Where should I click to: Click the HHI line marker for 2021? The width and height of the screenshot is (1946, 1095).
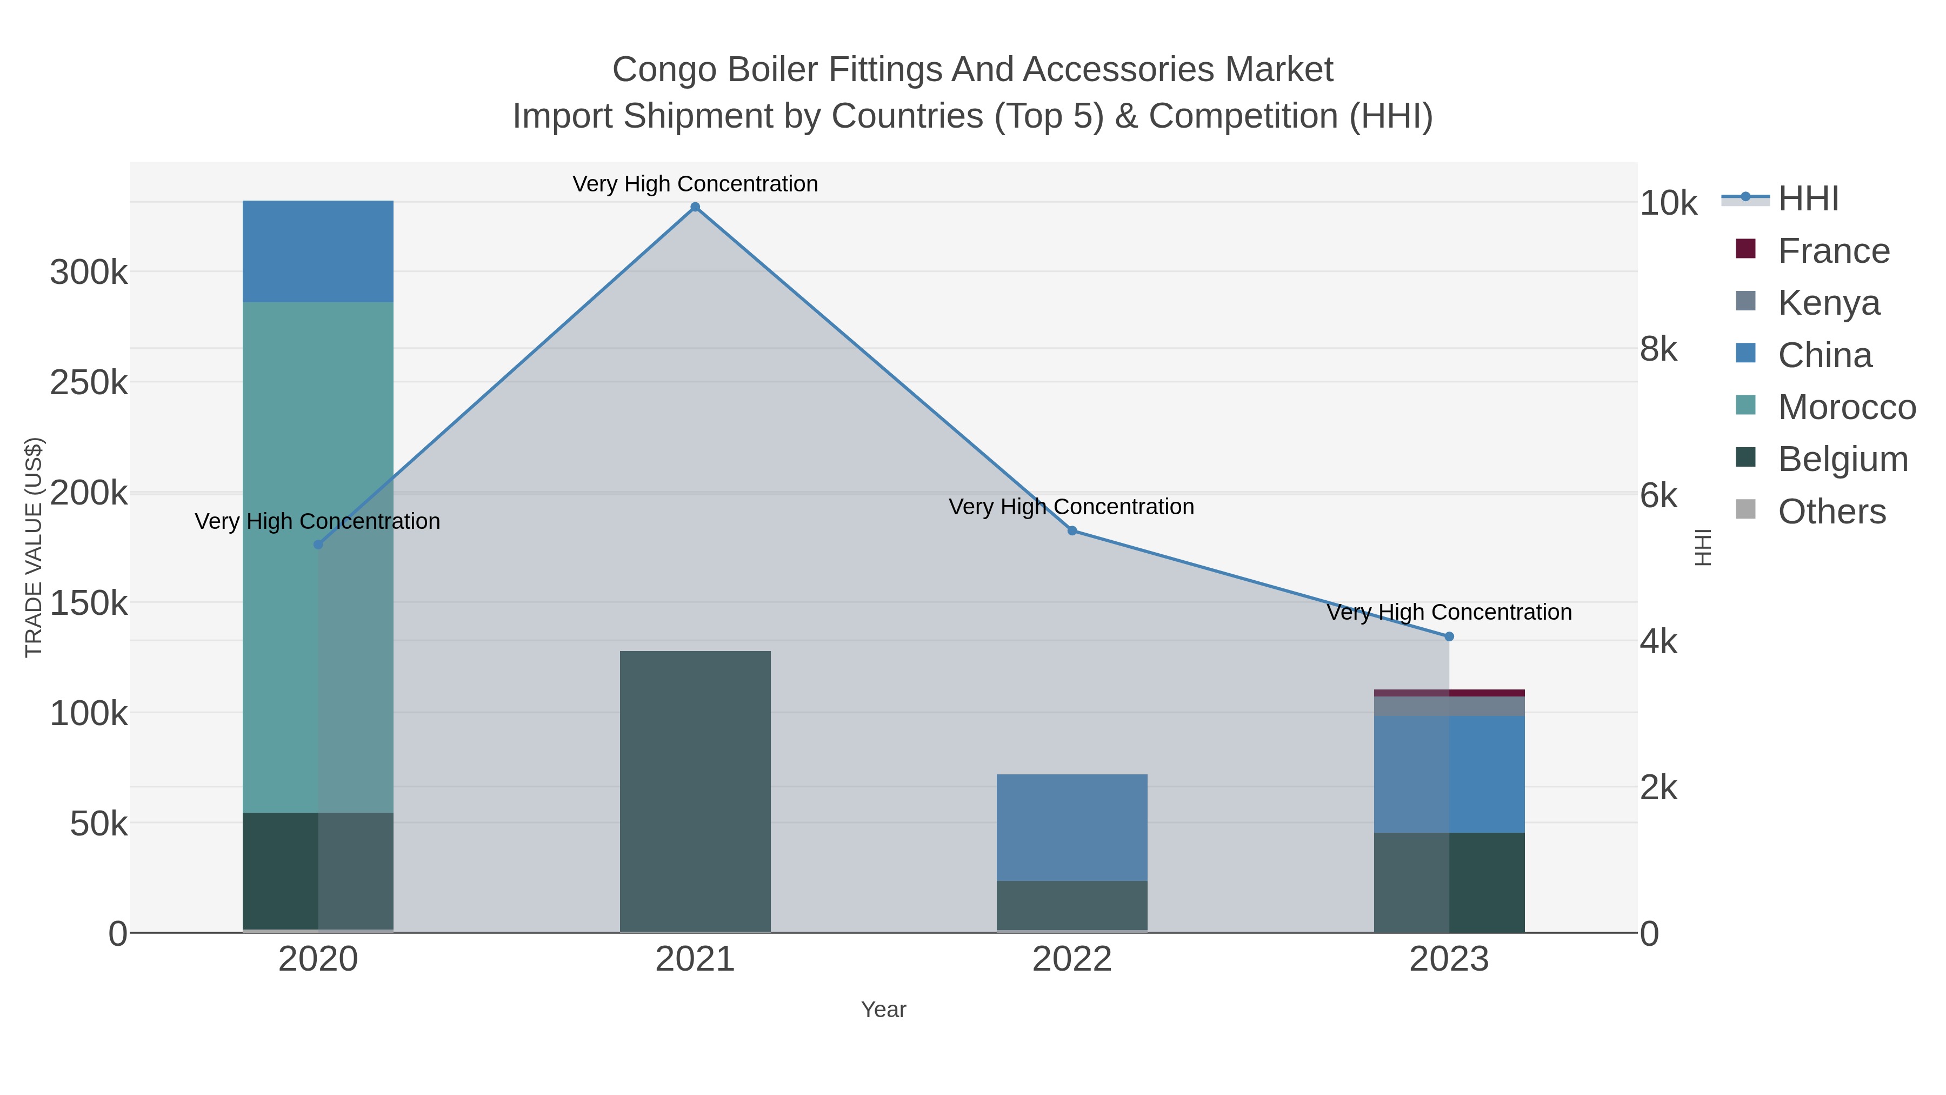[695, 207]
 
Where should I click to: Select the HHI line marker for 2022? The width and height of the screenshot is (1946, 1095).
[1072, 530]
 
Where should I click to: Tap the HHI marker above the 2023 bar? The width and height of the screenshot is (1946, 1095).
[1449, 636]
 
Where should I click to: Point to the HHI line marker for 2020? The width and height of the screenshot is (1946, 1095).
[318, 544]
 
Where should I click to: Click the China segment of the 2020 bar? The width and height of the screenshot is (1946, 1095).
[318, 251]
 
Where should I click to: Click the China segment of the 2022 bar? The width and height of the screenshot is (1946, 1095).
[1072, 827]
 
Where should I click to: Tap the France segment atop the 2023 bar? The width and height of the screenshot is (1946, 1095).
[1449, 692]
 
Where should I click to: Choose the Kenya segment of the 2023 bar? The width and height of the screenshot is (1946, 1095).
[1449, 706]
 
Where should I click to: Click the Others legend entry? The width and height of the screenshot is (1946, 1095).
[1831, 512]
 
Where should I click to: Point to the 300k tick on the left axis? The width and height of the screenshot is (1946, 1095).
[89, 272]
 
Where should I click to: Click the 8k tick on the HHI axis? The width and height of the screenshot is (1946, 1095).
[1659, 349]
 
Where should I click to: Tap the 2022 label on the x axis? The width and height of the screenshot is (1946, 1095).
[1072, 959]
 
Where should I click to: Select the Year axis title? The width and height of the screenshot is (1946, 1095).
[883, 1010]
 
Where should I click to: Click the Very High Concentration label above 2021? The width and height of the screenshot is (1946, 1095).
[695, 184]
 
